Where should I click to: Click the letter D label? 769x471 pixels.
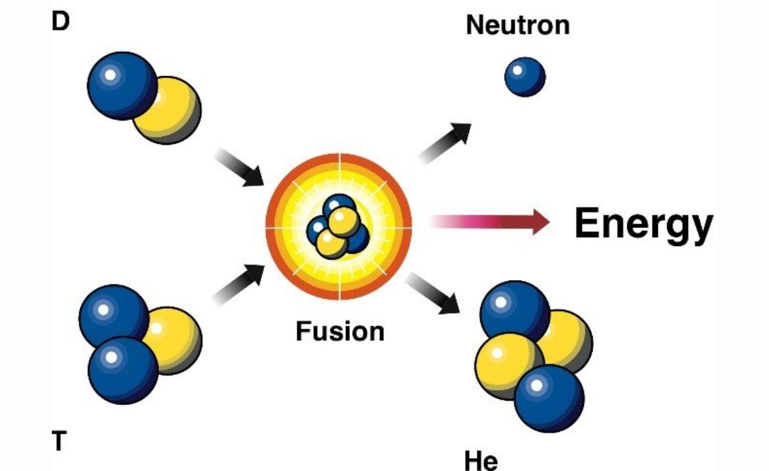pyautogui.click(x=60, y=21)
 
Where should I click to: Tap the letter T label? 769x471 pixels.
pyautogui.click(x=59, y=440)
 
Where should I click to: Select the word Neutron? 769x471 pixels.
pyautogui.click(x=518, y=25)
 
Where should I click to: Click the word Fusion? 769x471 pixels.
pyautogui.click(x=340, y=331)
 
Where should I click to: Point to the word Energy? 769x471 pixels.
pyautogui.click(x=644, y=225)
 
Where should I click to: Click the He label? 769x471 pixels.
pyautogui.click(x=481, y=461)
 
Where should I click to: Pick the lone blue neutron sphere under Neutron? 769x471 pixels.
pyautogui.click(x=525, y=77)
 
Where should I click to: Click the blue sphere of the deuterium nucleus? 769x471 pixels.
pyautogui.click(x=122, y=86)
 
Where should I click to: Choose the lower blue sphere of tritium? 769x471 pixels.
pyautogui.click(x=123, y=370)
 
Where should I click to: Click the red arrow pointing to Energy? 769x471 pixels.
pyautogui.click(x=490, y=222)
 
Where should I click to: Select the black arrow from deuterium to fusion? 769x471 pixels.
pyautogui.click(x=239, y=168)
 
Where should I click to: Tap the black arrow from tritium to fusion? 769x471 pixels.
pyautogui.click(x=238, y=285)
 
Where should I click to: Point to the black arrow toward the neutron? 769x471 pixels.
pyautogui.click(x=445, y=144)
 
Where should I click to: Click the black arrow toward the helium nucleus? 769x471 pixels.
pyautogui.click(x=433, y=293)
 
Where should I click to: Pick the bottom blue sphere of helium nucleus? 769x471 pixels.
pyautogui.click(x=549, y=398)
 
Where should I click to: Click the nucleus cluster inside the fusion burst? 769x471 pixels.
pyautogui.click(x=338, y=227)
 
